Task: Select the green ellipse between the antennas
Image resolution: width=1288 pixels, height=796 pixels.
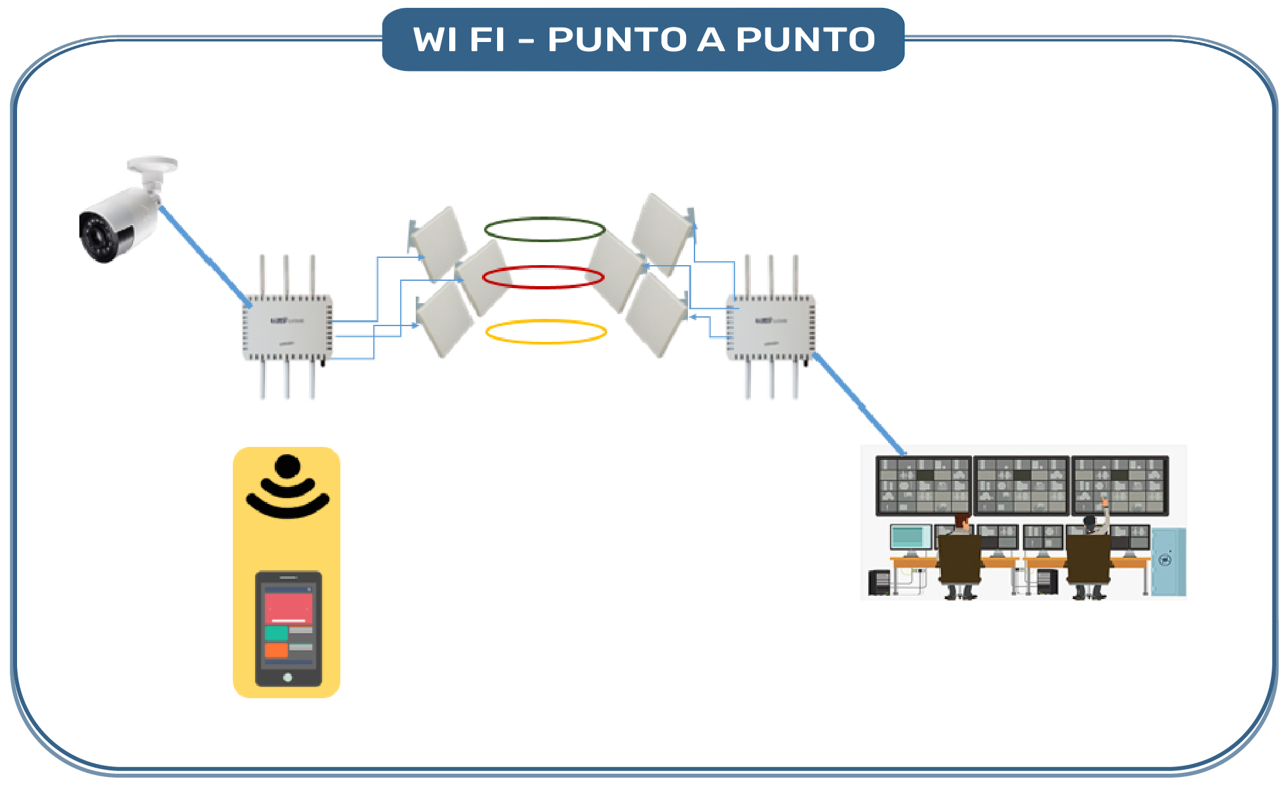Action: (544, 219)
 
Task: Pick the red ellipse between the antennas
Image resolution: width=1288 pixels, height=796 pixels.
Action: (543, 267)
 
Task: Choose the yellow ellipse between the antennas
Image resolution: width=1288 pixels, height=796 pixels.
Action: (546, 322)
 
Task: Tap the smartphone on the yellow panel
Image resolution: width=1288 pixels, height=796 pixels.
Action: (289, 629)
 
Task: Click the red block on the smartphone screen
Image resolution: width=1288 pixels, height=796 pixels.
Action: (288, 608)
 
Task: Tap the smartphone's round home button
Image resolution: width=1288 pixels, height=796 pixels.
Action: (287, 677)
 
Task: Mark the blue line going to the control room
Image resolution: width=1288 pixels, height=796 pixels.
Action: (859, 404)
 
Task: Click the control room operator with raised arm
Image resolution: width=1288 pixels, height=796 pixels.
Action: (1091, 551)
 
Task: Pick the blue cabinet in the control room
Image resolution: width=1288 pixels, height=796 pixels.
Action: (1169, 561)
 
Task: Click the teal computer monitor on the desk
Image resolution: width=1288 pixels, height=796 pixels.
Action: (910, 537)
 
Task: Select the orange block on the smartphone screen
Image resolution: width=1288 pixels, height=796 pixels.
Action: (276, 650)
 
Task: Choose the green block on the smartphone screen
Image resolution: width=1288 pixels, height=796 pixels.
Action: (276, 633)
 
